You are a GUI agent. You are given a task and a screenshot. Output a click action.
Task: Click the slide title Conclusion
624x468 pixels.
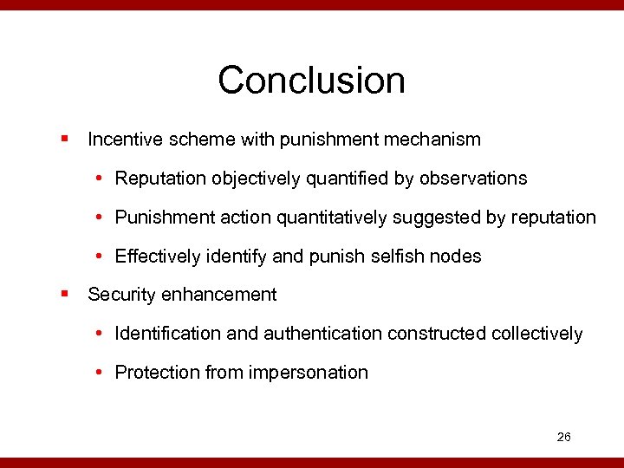[311, 81]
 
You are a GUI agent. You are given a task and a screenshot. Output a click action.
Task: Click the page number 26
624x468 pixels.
[563, 437]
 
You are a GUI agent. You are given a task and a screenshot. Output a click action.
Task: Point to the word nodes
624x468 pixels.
[459, 257]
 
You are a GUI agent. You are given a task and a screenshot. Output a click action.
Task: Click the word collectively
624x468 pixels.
[536, 334]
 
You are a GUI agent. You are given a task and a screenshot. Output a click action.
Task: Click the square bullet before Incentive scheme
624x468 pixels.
[65, 139]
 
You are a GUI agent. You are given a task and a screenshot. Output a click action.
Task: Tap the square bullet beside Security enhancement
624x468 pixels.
[65, 295]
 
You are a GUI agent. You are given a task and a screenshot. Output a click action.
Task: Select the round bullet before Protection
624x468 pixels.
[101, 373]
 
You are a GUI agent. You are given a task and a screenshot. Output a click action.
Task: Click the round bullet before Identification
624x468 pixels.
[101, 334]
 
